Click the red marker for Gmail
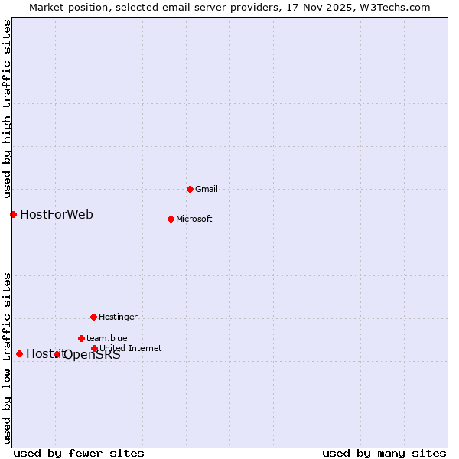tap(190, 189)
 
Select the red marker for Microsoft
tap(171, 219)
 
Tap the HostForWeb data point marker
tap(13, 214)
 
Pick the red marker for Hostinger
tap(93, 317)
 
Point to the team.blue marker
tap(81, 338)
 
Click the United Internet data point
tap(94, 348)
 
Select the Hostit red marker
tap(19, 353)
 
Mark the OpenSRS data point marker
tap(57, 354)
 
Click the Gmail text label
tap(207, 189)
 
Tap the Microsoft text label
tap(194, 219)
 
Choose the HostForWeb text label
tap(57, 214)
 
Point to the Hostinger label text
tap(118, 317)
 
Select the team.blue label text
tap(106, 338)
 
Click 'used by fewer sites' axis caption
tap(79, 453)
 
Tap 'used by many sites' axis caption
tap(383, 453)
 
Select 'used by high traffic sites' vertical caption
tap(7, 109)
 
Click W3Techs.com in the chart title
tap(396, 7)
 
